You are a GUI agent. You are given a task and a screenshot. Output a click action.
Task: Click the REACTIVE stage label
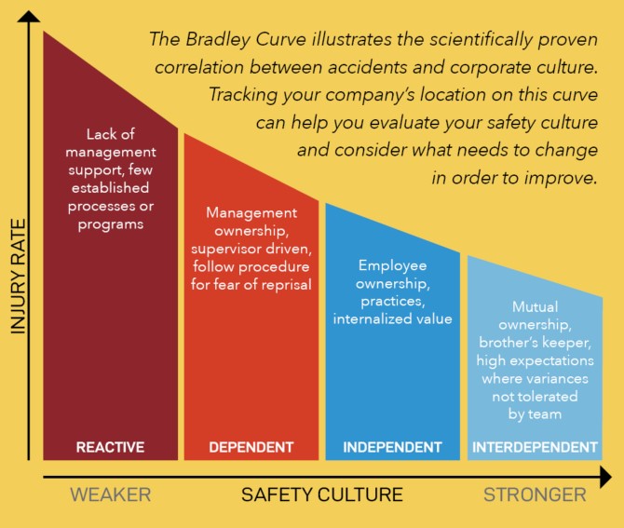[110, 447]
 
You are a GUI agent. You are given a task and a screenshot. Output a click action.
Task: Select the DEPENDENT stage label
[251, 447]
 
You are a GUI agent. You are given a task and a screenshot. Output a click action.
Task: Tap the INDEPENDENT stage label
[392, 447]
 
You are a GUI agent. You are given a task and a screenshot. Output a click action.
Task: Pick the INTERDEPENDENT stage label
[535, 447]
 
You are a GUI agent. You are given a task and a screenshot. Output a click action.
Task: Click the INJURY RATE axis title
[19, 277]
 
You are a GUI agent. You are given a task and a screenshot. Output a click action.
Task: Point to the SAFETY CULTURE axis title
[322, 494]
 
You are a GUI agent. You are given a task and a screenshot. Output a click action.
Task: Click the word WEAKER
[111, 494]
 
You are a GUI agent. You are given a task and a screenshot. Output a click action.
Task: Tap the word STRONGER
[535, 494]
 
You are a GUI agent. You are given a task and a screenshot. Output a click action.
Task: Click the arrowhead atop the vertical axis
[29, 17]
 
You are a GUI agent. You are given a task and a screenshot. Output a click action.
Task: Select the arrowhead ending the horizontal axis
[605, 477]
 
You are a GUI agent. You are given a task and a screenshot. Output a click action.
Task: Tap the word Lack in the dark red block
[99, 134]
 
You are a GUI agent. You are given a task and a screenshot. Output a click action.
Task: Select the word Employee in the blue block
[392, 265]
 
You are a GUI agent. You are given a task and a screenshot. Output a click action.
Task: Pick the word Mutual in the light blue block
[535, 306]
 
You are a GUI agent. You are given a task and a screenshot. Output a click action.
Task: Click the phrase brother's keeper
[535, 343]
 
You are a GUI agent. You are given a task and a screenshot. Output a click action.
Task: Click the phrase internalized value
[392, 318]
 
